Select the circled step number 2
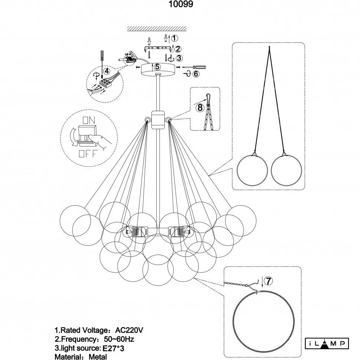coord(178,49)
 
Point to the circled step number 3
coord(179,58)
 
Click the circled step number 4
coord(107,71)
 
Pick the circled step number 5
coord(157,67)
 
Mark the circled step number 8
coord(200,107)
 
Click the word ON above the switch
coord(88,120)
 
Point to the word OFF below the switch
coord(88,153)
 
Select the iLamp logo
coord(327,343)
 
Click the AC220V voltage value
coord(130,330)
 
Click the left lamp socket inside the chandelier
coord(137,232)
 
